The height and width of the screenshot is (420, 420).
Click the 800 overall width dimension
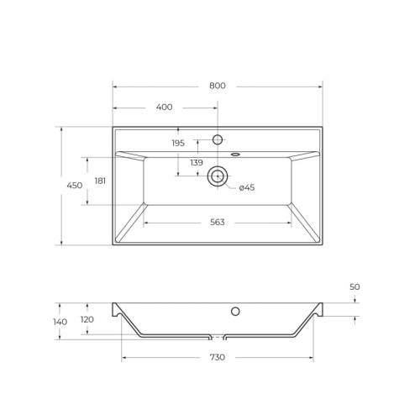pos(218,86)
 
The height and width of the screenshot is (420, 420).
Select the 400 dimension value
pos(165,107)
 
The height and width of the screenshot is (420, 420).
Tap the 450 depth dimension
pos(74,186)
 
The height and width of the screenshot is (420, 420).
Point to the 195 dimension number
pos(178,144)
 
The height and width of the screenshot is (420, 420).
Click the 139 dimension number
pos(196,162)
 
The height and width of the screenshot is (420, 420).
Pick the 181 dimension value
pos(100,181)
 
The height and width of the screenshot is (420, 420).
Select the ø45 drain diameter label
pos(246,187)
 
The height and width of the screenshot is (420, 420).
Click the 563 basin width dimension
pos(218,223)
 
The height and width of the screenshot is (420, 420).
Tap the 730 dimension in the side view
pos(218,358)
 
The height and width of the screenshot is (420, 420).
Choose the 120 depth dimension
pos(100,319)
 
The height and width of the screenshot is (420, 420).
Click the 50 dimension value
pos(354,287)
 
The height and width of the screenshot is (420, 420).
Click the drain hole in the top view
pos(218,176)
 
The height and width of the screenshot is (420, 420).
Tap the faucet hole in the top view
pos(218,139)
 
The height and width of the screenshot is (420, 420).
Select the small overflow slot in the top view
pos(234,154)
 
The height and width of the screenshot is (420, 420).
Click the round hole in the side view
pos(236,312)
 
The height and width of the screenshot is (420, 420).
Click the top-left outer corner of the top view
pos(113,128)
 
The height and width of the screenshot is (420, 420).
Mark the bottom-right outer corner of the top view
pos(323,245)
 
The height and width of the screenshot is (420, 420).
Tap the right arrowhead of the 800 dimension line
pos(320,86)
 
